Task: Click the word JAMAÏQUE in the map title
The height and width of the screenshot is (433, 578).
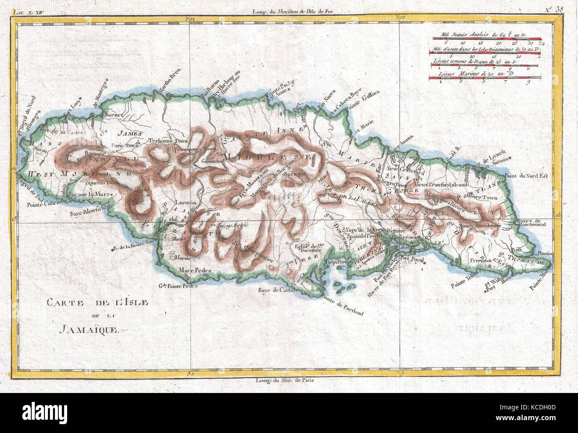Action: (x=87, y=329)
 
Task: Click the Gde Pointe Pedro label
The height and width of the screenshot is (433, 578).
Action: (x=178, y=286)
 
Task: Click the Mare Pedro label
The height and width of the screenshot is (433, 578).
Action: (x=194, y=270)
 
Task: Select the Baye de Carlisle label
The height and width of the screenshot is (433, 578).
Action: (x=277, y=291)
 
